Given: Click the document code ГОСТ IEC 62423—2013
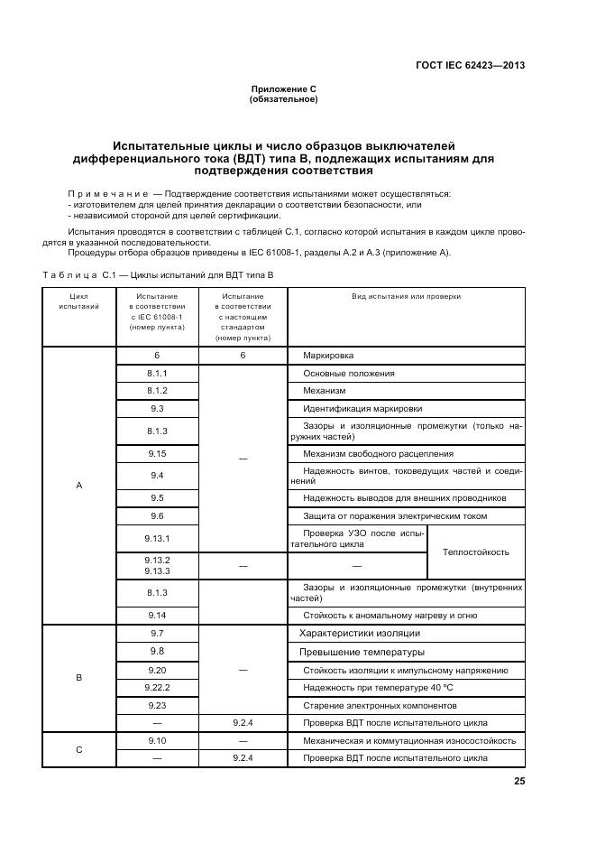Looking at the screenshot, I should coord(470,65).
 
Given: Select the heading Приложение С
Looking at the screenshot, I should coord(283,88).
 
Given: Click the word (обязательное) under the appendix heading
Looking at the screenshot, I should coord(283,98).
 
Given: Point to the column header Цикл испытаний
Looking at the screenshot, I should coord(78,301).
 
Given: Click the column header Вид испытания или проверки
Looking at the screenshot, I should coord(406,295).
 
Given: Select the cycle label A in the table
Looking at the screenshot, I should coord(78,486).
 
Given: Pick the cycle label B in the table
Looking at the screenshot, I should coord(78,677).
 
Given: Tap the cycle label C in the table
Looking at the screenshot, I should coord(78,749).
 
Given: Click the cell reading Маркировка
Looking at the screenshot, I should coord(328,356).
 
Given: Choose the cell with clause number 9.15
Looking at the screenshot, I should coord(157,453).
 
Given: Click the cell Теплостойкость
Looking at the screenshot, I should coord(474,552).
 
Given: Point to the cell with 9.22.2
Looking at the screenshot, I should coord(157,687).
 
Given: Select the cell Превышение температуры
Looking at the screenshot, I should coord(362,652).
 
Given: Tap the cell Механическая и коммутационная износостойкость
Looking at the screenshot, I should coord(409,740).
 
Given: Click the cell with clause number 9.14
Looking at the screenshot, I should coord(157,616).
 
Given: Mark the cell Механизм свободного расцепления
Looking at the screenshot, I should coord(378,453).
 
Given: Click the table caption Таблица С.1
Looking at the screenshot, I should coord(157,273).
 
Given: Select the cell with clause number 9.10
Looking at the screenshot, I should coord(157,740).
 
